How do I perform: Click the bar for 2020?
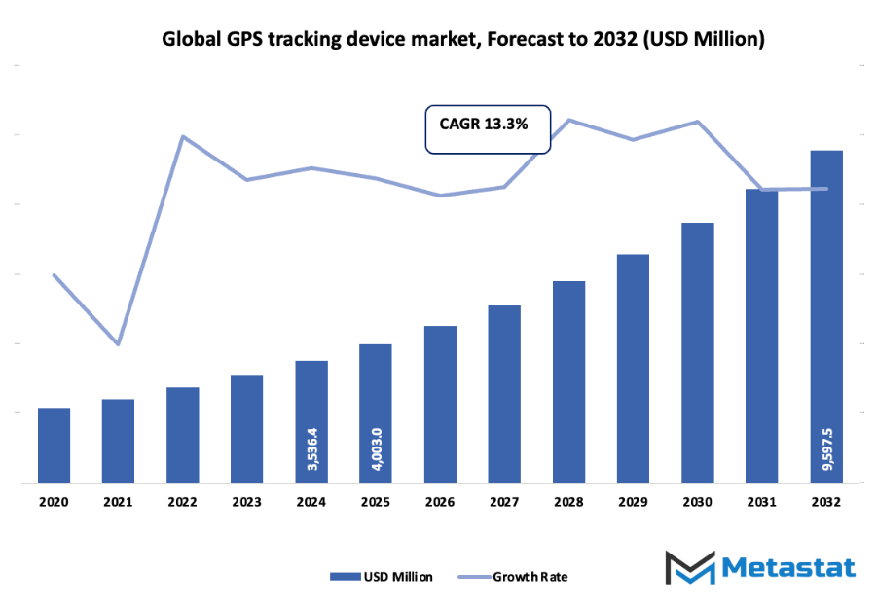(x=54, y=445)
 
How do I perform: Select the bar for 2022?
(x=182, y=435)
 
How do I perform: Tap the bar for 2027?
(x=504, y=394)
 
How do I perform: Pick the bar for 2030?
(x=698, y=352)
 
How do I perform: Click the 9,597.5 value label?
(x=827, y=448)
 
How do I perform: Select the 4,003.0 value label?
(x=376, y=450)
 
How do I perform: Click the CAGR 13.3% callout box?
(x=489, y=128)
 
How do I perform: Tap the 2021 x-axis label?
(x=118, y=502)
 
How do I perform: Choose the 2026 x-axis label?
(x=440, y=502)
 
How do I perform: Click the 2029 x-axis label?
(x=633, y=502)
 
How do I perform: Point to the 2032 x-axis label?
(x=826, y=502)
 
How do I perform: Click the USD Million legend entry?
(x=382, y=576)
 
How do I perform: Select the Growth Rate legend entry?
(x=514, y=576)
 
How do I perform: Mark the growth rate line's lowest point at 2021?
(x=118, y=344)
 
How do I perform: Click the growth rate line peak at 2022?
(x=183, y=136)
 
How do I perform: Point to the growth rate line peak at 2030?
(x=698, y=122)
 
